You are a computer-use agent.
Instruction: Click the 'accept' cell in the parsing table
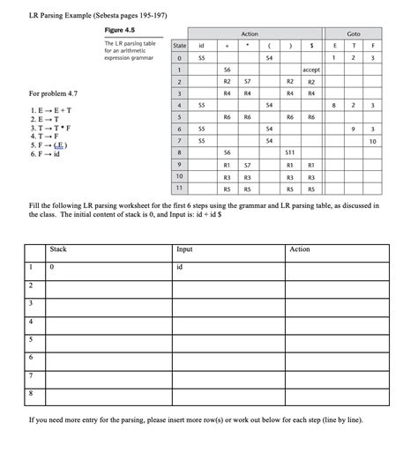tap(311, 69)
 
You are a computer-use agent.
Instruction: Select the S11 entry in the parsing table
tap(290, 152)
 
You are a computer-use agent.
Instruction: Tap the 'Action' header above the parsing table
tap(250, 33)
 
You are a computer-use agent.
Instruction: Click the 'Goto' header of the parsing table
tap(353, 33)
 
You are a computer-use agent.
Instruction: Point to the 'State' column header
tap(180, 45)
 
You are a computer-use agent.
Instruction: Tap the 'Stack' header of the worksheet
tap(59, 249)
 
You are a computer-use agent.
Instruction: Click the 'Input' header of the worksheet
tap(185, 249)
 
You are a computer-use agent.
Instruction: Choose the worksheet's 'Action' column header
tap(300, 249)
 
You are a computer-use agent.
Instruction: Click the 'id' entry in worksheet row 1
tap(181, 265)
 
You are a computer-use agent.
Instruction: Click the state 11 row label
tap(179, 188)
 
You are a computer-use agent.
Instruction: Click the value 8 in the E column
tap(332, 105)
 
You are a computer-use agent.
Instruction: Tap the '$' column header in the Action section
tap(311, 45)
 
